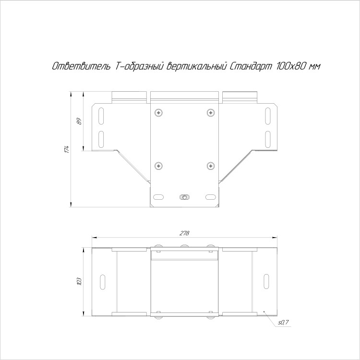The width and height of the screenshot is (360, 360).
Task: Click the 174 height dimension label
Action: [x=67, y=149]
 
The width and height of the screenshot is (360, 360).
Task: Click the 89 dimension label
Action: [x=79, y=121]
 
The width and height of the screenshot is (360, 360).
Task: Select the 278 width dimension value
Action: [x=184, y=233]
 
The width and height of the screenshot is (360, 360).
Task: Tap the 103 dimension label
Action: [x=79, y=281]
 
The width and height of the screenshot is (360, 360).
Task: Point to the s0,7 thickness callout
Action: [x=283, y=323]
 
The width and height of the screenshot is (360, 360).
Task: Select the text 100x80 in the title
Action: [x=291, y=66]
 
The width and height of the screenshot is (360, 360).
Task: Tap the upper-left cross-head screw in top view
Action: [x=159, y=112]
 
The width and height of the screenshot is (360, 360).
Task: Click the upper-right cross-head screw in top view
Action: [x=211, y=112]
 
